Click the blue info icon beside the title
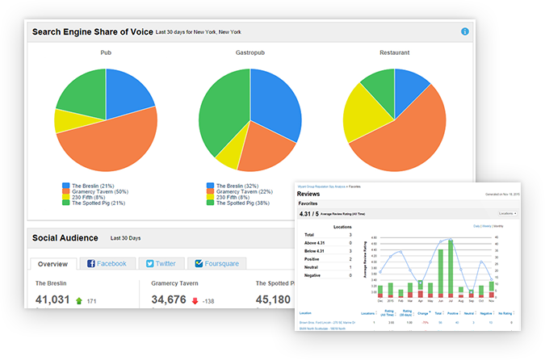pyautogui.click(x=465, y=31)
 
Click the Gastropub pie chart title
pyautogui.click(x=250, y=53)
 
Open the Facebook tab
pyautogui.click(x=107, y=263)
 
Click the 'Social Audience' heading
pyautogui.click(x=65, y=238)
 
